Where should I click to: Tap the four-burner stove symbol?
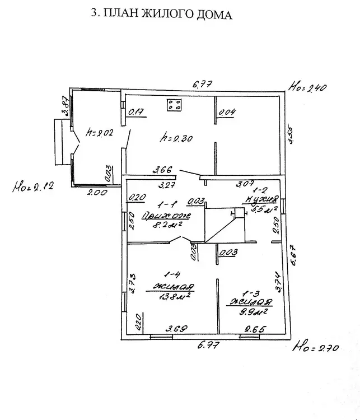(174, 104)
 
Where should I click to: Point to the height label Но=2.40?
(307, 87)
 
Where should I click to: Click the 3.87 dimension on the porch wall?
(65, 106)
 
